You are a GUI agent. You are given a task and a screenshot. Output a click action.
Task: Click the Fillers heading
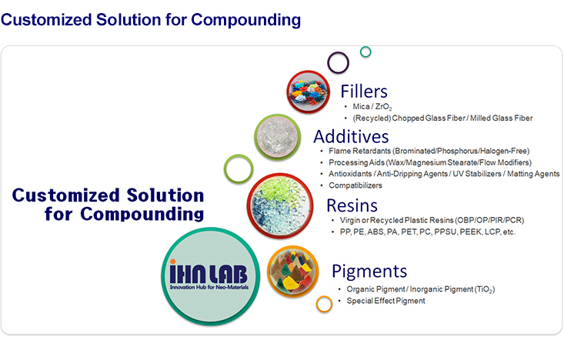pos(364,92)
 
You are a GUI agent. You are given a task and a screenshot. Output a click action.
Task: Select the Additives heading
pos(351,137)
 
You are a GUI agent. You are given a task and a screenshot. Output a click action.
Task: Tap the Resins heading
pos(352,205)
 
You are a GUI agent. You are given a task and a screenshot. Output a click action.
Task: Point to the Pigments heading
pos(369,272)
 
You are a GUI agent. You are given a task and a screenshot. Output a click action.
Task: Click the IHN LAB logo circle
pos(210,276)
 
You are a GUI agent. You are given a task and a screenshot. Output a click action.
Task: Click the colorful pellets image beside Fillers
pos(309,92)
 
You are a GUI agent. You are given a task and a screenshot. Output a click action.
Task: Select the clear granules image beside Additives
pos(277,137)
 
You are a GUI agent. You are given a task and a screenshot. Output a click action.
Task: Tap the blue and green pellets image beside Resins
pos(280,206)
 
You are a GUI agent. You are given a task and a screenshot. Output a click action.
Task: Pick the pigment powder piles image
pos(293,272)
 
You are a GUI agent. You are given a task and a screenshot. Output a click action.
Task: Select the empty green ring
pos(225,168)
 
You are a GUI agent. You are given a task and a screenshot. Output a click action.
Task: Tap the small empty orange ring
pos(317,304)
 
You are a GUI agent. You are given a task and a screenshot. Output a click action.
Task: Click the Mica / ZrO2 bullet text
pos(372,107)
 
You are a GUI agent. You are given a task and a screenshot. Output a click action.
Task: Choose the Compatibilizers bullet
pos(355,185)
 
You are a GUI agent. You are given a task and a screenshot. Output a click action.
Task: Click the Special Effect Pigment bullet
pos(385,301)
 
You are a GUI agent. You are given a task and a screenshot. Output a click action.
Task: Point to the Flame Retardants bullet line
pos(429,151)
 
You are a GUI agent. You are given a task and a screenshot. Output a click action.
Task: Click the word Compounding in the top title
pos(245,20)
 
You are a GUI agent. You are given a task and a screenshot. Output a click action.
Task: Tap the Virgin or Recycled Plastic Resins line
pos(432,220)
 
